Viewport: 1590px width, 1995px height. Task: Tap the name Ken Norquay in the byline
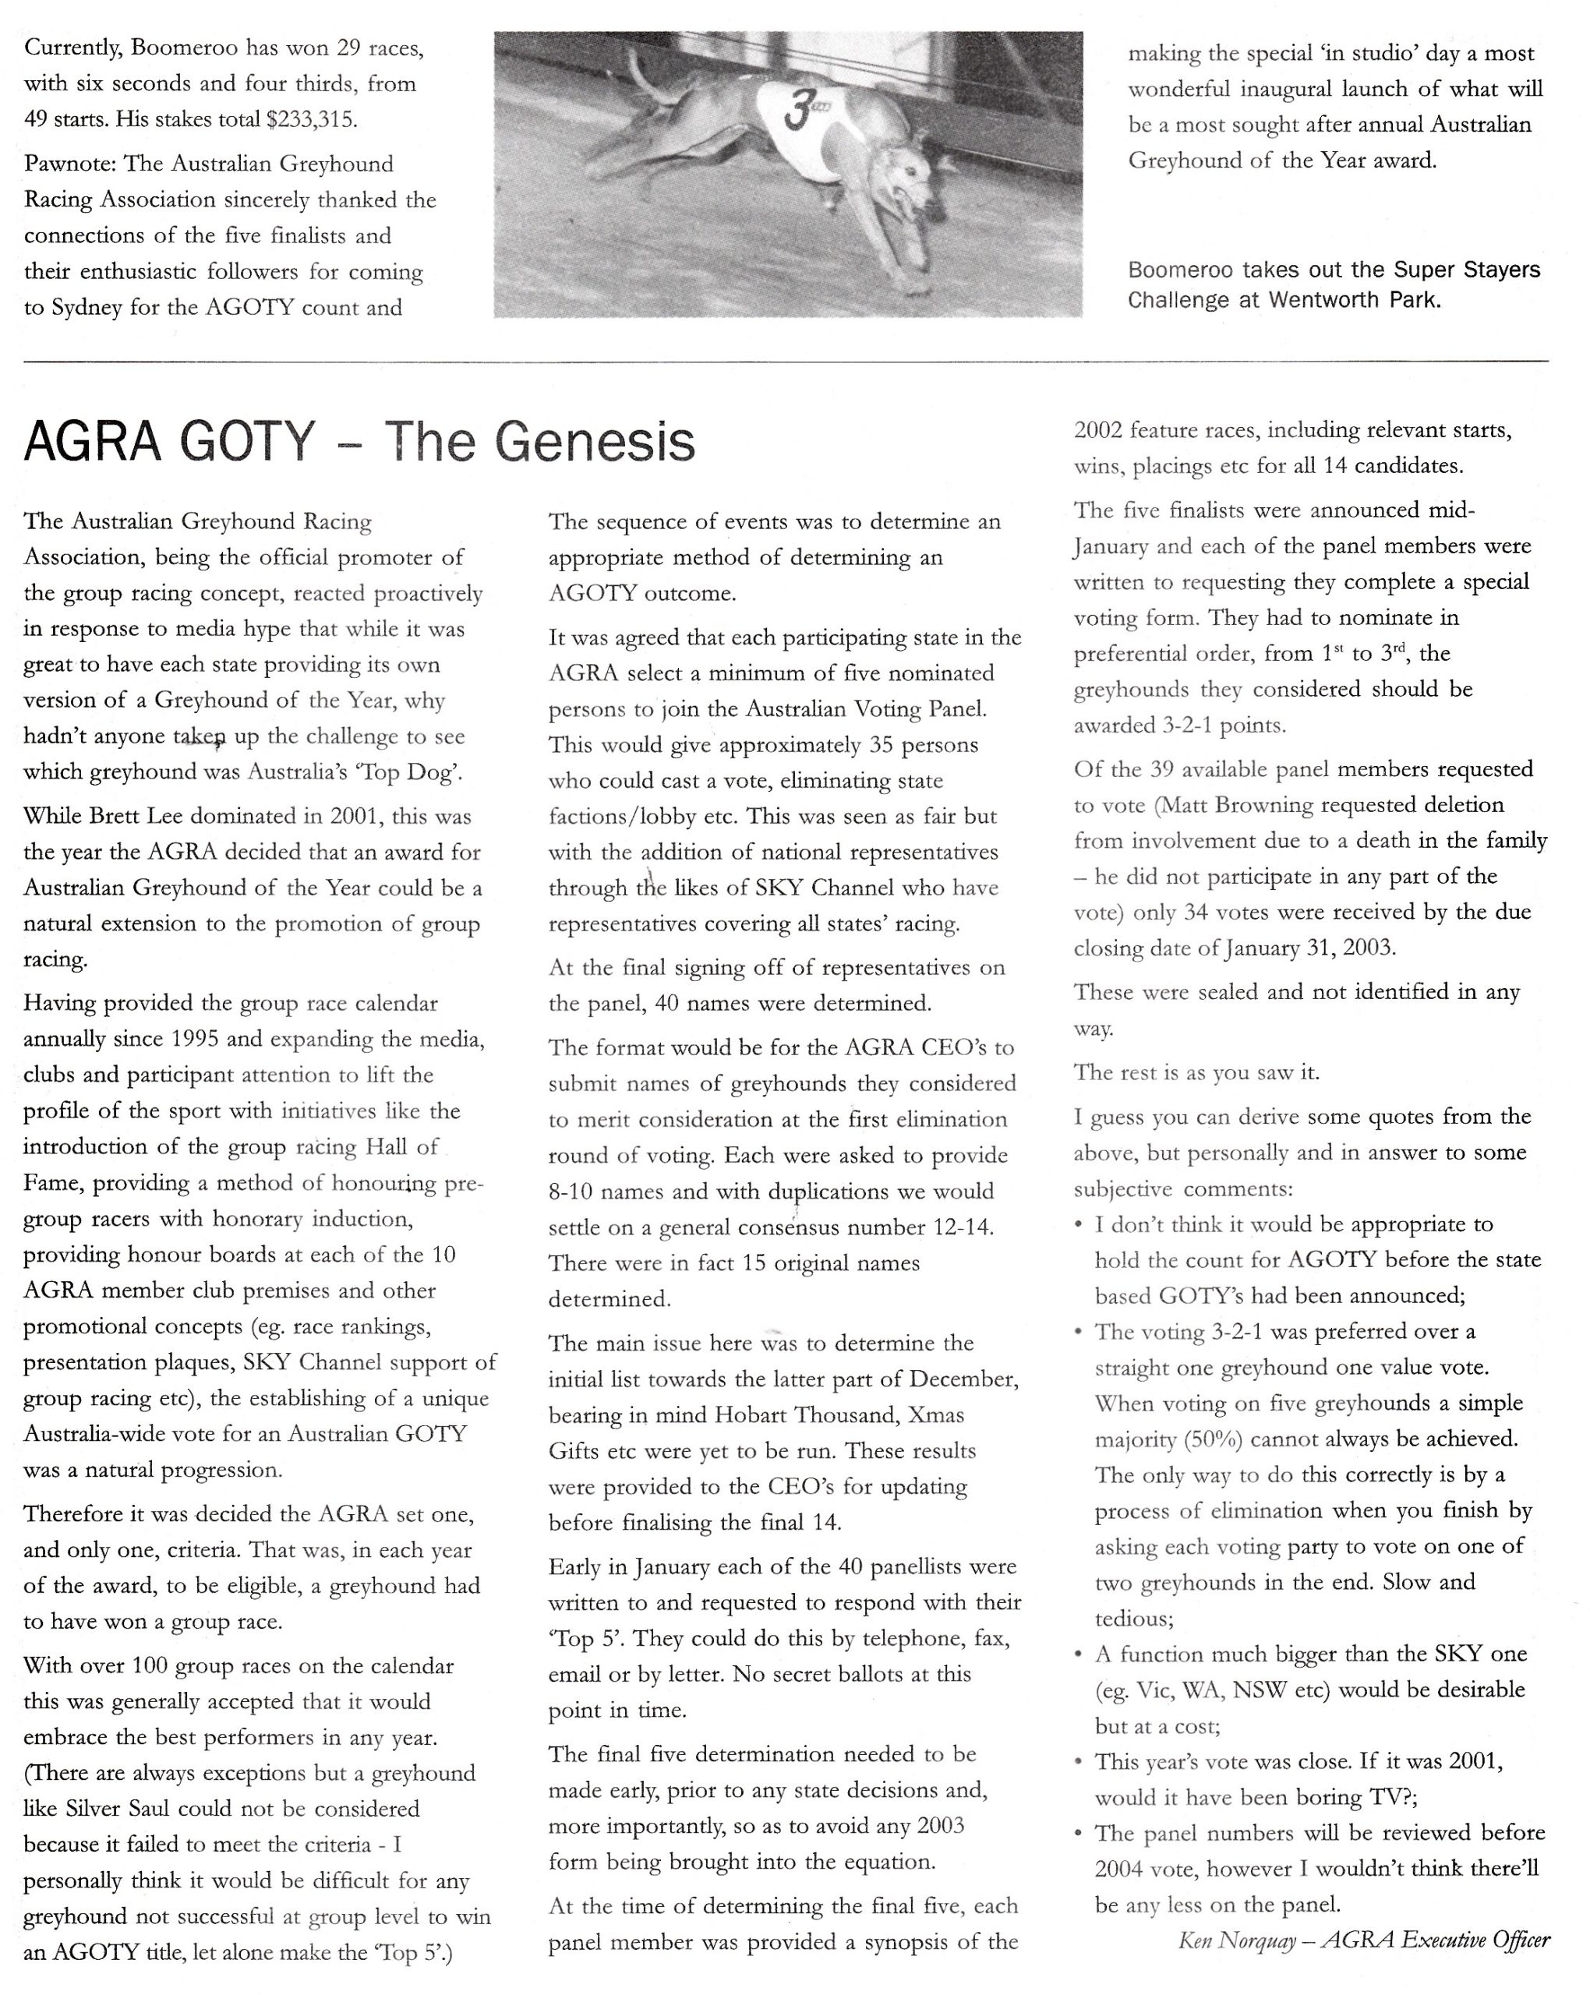click(1235, 1940)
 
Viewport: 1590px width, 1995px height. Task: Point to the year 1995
click(194, 1039)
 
